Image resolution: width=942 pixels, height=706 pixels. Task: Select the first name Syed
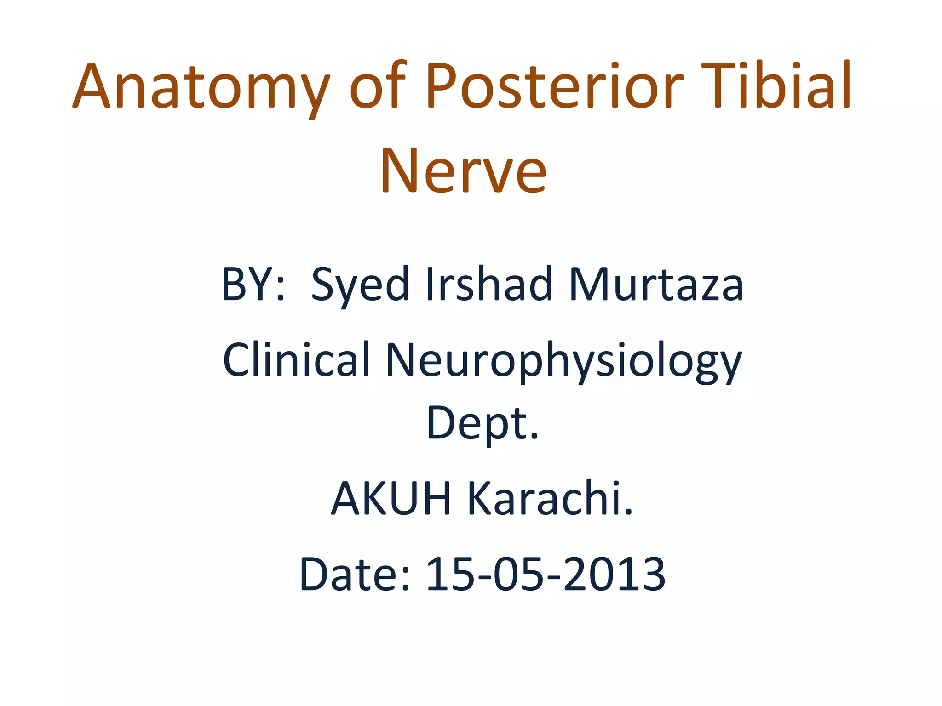pos(360,285)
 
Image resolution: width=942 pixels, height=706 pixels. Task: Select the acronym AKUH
pos(391,498)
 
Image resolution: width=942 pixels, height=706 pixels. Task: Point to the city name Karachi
pos(550,498)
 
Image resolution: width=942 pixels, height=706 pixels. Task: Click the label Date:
pos(354,574)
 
